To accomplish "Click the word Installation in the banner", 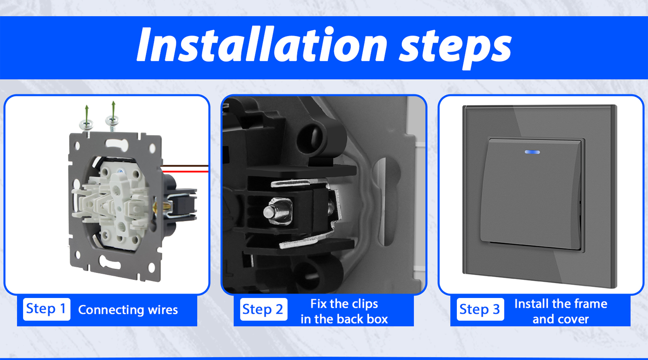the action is (262, 44).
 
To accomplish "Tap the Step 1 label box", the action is (47, 309).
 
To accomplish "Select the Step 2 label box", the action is (263, 309).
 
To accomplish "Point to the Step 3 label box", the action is (480, 309).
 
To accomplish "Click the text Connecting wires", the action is (128, 310).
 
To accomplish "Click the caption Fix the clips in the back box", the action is (344, 311).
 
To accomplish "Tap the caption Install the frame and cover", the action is (561, 311).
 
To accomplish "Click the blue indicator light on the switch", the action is (532, 152).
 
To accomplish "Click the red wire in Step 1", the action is (185, 172).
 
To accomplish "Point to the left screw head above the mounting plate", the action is (86, 125).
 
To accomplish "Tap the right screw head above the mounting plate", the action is (112, 120).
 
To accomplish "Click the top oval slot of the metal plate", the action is (117, 144).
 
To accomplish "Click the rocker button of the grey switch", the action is (531, 193).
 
